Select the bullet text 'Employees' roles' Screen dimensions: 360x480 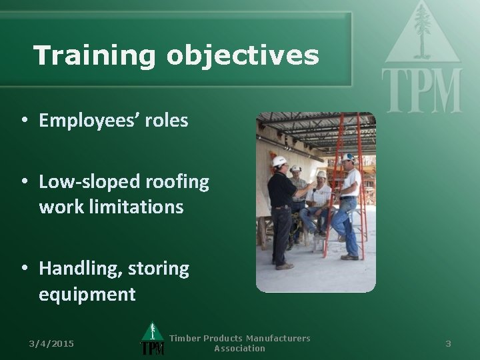(113, 121)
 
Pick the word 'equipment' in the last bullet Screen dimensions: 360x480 (87, 294)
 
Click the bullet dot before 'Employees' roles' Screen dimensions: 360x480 (24, 121)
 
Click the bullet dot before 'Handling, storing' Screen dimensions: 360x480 (24, 269)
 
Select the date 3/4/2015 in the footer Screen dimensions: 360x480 (52, 343)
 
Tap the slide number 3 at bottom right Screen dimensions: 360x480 (448, 343)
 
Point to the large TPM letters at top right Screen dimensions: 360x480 (422, 90)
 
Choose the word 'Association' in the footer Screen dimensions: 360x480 (239, 348)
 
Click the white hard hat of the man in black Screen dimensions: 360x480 (279, 161)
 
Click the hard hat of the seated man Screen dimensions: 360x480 (321, 174)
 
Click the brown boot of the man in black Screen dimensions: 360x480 (285, 266)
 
